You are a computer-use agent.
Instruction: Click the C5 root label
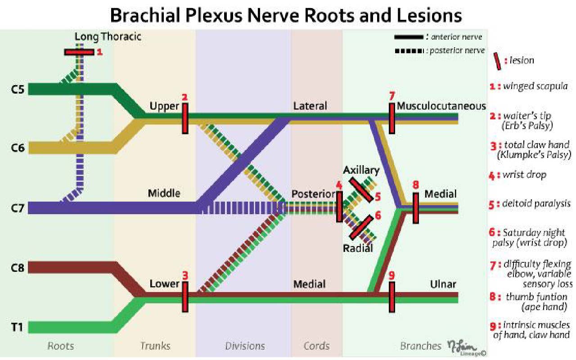pos(17,89)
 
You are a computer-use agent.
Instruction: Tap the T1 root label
pos(17,328)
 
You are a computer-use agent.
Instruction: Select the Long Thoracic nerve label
pos(108,36)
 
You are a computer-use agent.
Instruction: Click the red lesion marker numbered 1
pos(79,52)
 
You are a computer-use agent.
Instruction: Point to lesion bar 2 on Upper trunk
pos(185,118)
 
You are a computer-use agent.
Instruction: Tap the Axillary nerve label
pos(361,170)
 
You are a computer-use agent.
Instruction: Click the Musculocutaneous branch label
pos(441,106)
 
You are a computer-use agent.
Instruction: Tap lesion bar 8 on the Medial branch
pos(415,207)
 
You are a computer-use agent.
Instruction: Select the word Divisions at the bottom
pos(245,346)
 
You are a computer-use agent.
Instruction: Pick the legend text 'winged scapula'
pos(535,86)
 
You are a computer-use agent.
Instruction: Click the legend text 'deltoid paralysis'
pos(536,203)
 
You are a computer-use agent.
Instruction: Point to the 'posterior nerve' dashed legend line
pos(409,51)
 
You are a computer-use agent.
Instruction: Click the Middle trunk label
pos(164,193)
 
